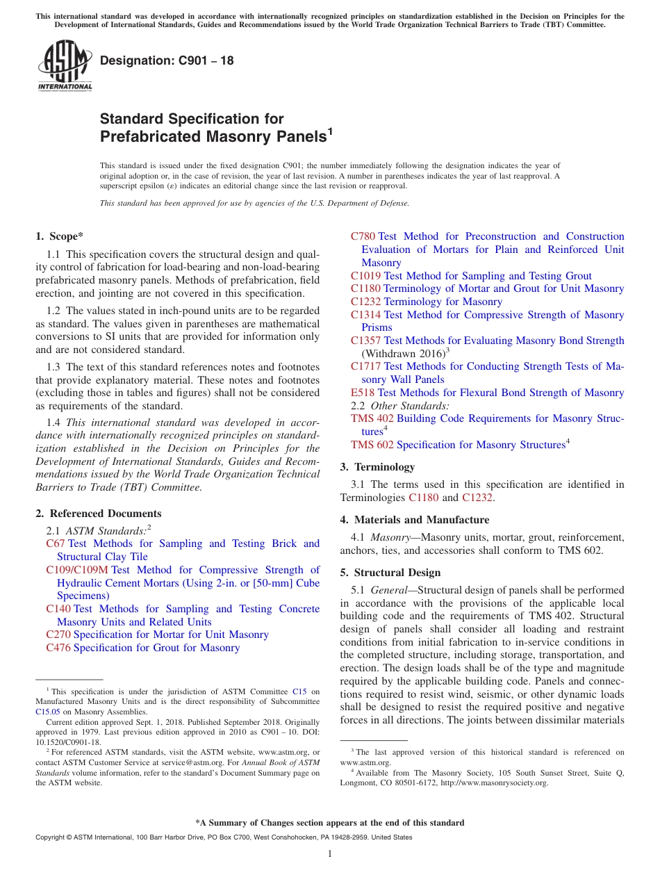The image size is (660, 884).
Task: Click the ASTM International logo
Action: [x=65, y=65]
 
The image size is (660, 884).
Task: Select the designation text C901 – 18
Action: [x=167, y=61]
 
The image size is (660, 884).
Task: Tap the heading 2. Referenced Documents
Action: [x=99, y=514]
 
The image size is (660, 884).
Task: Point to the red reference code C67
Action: [x=55, y=543]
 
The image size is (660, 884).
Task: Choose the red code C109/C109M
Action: [x=77, y=570]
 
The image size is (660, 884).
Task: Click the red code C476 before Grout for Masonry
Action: [x=58, y=648]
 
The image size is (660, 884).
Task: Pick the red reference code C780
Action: [x=363, y=236]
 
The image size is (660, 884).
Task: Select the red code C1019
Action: [x=365, y=276]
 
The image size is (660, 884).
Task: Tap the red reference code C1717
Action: [x=365, y=366]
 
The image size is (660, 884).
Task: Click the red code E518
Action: [x=363, y=393]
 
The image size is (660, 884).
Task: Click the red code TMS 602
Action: [x=372, y=445]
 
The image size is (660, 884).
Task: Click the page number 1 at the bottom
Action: [x=330, y=854]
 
